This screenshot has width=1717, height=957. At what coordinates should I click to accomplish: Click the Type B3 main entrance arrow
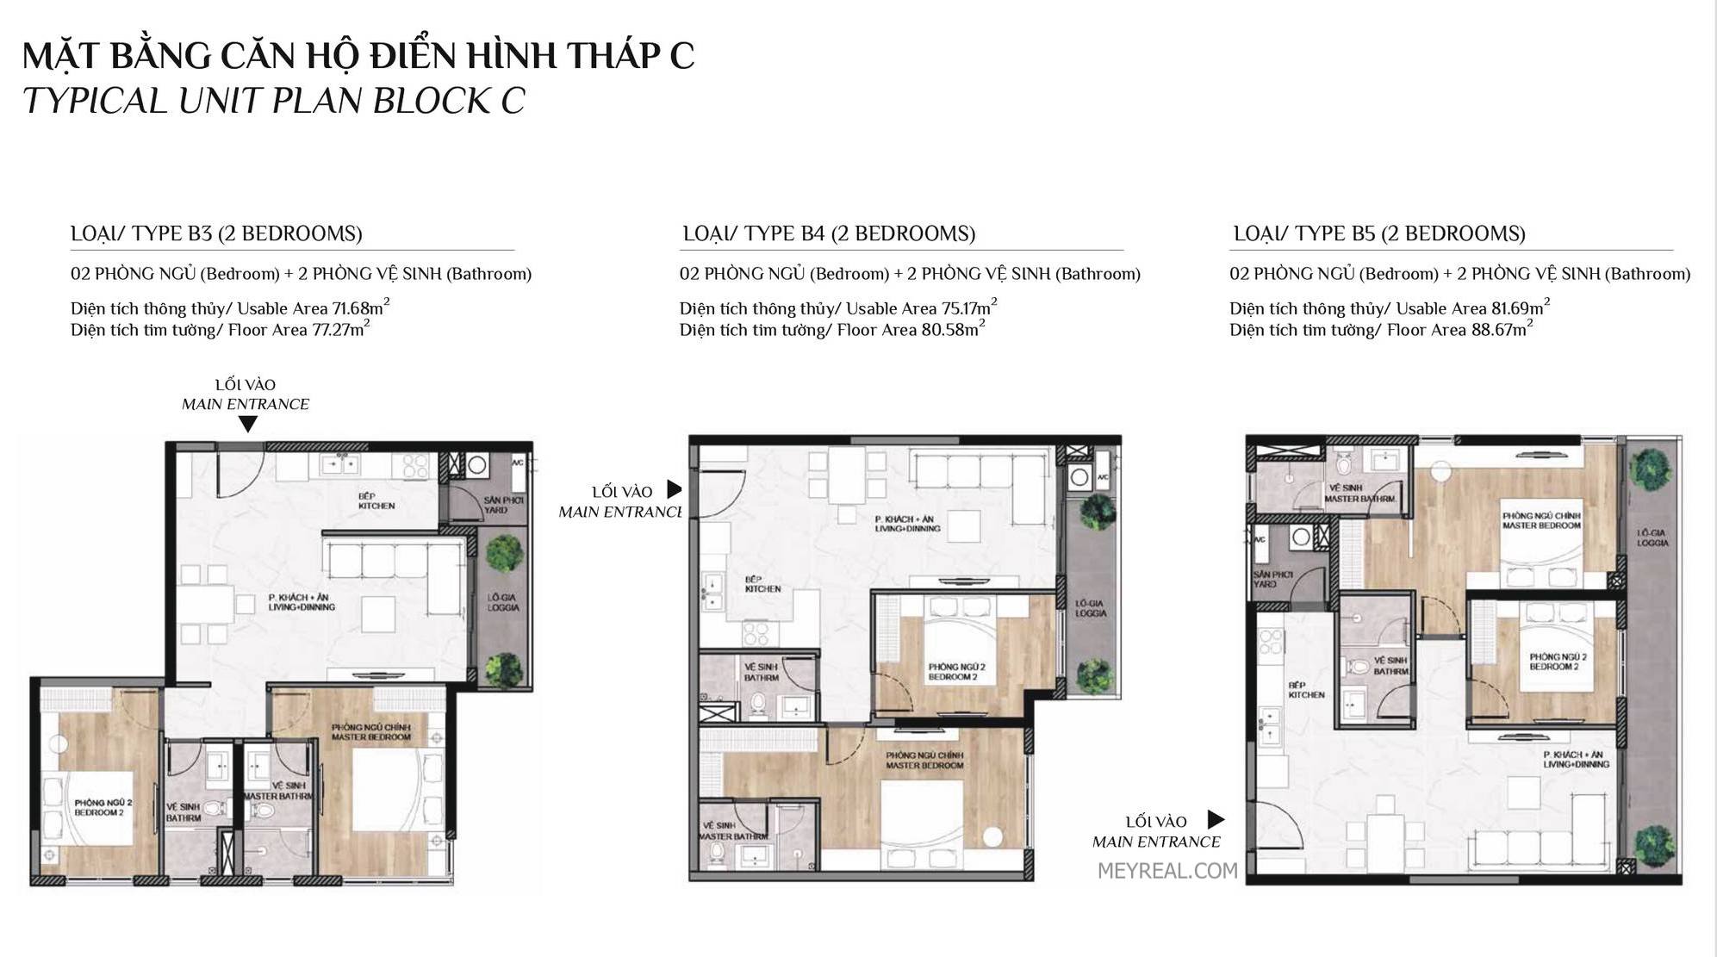point(247,424)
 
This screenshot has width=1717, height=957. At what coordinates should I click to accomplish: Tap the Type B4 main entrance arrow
point(675,489)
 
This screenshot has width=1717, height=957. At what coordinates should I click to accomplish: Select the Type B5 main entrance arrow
point(1216,819)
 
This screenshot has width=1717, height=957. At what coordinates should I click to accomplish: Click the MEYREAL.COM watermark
point(1167,871)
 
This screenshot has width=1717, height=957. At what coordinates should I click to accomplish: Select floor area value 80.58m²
point(951,330)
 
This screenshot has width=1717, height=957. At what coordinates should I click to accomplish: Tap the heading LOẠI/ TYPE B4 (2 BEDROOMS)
point(829,233)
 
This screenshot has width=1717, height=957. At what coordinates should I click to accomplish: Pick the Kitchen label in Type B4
point(762,584)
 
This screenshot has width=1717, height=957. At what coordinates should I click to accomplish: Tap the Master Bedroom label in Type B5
point(1541,520)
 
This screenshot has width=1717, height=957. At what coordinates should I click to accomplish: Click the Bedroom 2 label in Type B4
point(956,672)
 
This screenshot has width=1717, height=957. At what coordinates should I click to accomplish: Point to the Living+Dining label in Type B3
point(301,602)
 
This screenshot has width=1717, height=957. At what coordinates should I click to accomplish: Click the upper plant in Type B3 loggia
point(503,554)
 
